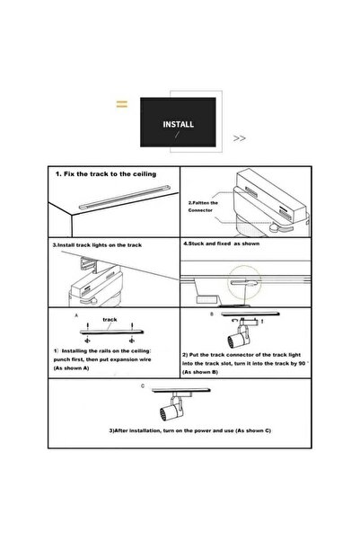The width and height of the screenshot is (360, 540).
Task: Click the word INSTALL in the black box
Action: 179,124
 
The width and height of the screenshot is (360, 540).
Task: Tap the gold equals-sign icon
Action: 122,103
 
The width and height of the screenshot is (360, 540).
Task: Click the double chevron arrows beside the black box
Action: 240,138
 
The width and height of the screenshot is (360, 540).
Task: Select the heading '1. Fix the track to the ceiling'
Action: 106,174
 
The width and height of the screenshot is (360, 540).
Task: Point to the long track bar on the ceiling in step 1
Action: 124,198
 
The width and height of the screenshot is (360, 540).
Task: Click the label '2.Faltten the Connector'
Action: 203,207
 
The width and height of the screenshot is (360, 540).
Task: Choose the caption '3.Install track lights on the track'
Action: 97,245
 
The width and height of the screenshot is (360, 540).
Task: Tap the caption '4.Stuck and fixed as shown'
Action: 222,243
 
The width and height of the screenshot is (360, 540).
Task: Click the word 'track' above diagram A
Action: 110,320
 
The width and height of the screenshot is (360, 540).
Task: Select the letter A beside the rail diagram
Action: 76,315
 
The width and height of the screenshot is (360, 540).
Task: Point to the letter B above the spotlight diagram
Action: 212,314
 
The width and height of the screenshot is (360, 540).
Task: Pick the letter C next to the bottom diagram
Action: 143,386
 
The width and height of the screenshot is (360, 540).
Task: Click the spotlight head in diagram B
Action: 238,339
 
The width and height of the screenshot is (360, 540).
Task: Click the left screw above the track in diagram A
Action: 88,325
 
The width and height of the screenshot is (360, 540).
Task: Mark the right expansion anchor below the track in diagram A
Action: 131,341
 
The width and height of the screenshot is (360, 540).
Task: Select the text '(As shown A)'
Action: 71,368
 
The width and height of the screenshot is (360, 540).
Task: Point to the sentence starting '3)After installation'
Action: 190,430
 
